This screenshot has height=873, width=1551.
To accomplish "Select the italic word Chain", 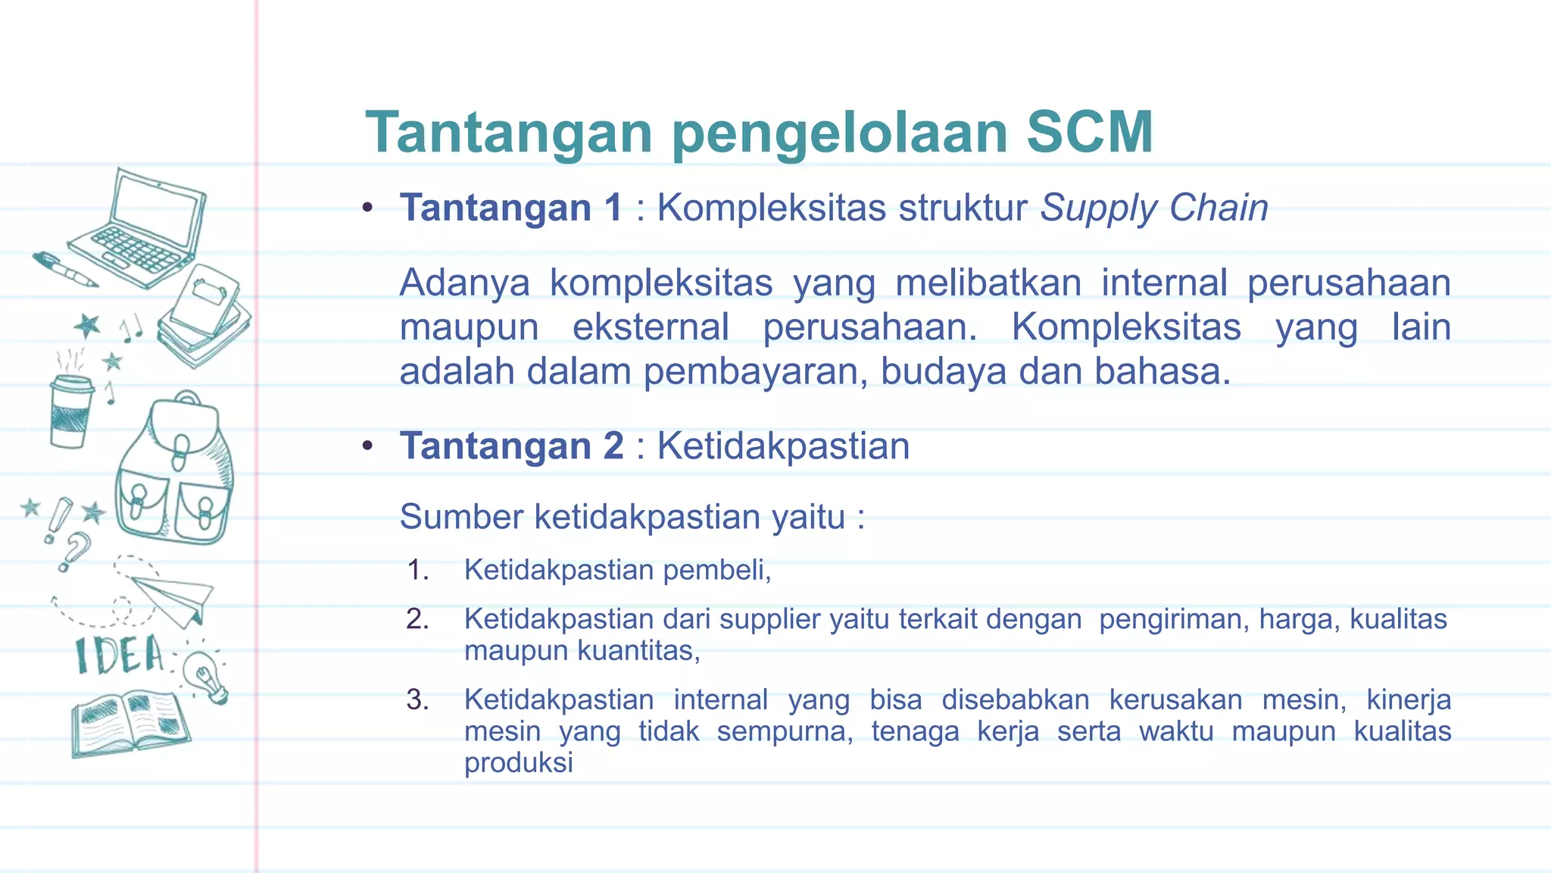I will [x=1219, y=208].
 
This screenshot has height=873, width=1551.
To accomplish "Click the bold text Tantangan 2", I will [x=512, y=446].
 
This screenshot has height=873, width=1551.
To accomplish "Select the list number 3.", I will [x=417, y=699].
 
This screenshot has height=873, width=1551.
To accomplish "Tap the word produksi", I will [x=518, y=762].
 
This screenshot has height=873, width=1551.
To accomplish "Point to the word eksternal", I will [x=651, y=327].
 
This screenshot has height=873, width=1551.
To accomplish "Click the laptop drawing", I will [x=144, y=227].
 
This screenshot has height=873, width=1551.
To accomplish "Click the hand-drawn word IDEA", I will [x=120, y=656].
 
